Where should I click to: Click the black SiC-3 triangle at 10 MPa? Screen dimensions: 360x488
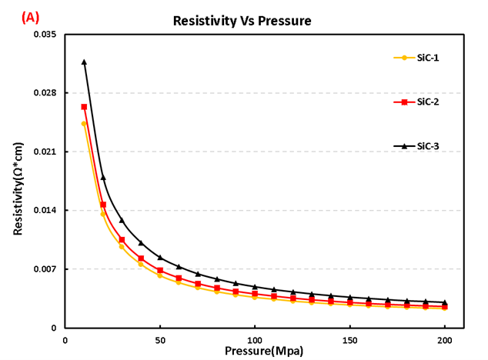[84, 62]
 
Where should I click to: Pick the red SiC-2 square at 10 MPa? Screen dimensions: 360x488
[84, 107]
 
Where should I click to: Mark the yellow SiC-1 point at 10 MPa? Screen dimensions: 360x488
[84, 123]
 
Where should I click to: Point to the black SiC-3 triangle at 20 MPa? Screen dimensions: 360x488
[103, 178]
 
